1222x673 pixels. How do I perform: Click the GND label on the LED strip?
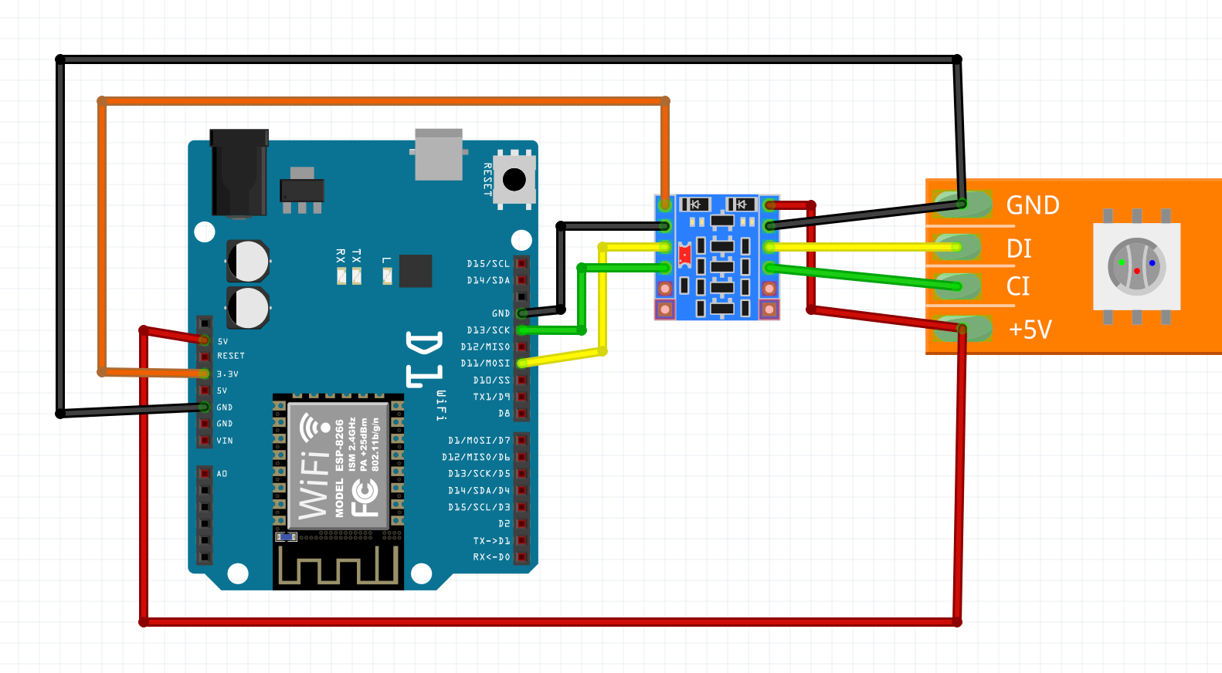(x=1033, y=205)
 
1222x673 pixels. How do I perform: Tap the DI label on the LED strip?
(x=1019, y=249)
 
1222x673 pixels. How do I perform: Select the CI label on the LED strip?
(x=1018, y=286)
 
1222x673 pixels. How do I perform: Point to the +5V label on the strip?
(x=1030, y=330)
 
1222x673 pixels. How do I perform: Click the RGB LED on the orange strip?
(x=1136, y=266)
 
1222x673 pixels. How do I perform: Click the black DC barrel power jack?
(x=239, y=174)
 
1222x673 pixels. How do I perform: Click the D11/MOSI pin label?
(x=485, y=364)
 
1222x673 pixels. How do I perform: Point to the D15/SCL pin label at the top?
(x=488, y=264)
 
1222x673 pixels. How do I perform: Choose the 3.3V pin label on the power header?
(x=227, y=374)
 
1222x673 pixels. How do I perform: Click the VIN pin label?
(x=225, y=441)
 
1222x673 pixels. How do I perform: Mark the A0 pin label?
(x=222, y=474)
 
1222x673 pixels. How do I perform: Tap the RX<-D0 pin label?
(x=491, y=557)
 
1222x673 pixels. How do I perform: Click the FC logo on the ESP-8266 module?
(x=365, y=498)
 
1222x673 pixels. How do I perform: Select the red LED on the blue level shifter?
(x=684, y=254)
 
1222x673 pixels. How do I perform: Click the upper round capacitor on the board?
(x=248, y=261)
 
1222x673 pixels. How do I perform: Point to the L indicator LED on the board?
(x=387, y=276)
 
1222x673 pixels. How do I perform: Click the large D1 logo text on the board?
(x=424, y=359)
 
